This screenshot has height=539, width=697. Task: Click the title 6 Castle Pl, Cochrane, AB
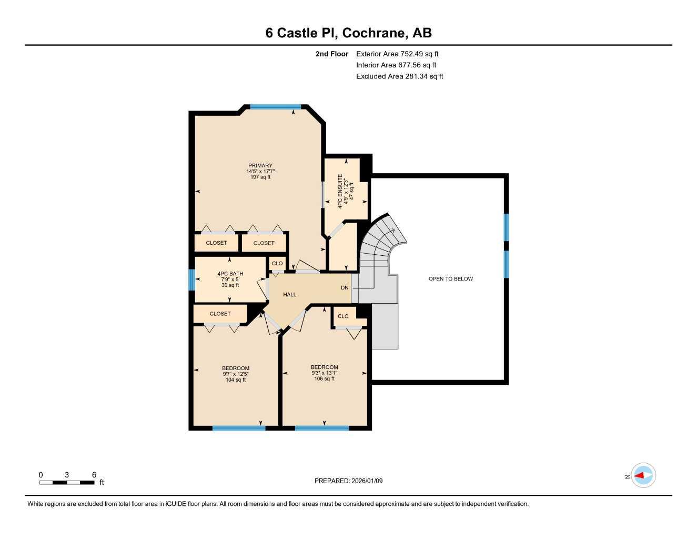[348, 33]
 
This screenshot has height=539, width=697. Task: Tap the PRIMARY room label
[260, 165]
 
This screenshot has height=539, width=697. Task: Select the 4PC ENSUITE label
[340, 191]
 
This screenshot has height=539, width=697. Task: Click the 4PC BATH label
[230, 274]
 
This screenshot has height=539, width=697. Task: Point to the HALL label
[290, 295]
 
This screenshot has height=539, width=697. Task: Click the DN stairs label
[345, 288]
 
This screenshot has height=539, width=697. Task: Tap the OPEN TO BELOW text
[450, 279]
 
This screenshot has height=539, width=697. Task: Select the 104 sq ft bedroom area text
[236, 380]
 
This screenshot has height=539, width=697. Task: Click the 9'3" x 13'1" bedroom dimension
[324, 373]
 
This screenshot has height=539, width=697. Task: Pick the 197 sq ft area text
[260, 177]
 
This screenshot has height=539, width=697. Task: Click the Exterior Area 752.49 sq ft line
[397, 54]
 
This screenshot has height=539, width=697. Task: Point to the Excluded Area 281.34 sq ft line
[399, 76]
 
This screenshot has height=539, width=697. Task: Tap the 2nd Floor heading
[331, 54]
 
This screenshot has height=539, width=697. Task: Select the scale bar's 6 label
[94, 475]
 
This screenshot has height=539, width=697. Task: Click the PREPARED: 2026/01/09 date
[348, 481]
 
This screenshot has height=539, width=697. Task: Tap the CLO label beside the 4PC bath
[277, 263]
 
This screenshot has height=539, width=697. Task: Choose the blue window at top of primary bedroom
[275, 107]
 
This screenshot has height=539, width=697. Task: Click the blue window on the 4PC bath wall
[191, 280]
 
